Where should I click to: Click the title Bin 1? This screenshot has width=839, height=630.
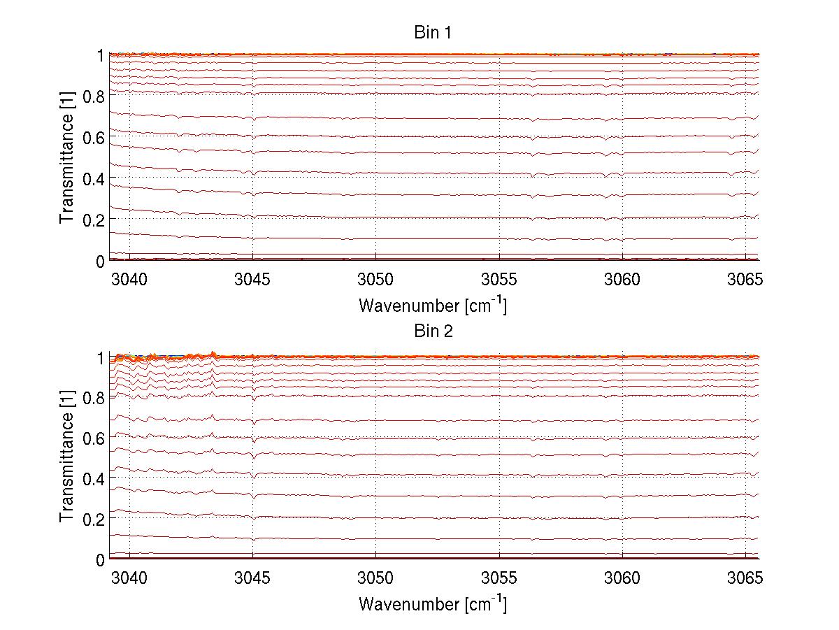coord(433,32)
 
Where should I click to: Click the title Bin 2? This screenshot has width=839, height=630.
coord(433,331)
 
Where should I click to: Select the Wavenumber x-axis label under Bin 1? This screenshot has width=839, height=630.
coord(432,306)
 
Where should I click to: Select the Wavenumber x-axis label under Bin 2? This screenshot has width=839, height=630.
coord(432,604)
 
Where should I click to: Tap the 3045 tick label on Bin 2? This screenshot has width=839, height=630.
coord(252,579)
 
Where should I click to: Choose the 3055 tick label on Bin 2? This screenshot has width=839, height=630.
coord(499,579)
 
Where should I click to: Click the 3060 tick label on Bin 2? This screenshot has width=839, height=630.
coord(622,579)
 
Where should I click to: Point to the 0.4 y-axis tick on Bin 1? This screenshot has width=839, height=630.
coord(94,179)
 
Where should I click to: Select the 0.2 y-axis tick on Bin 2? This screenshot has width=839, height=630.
coord(94,519)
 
